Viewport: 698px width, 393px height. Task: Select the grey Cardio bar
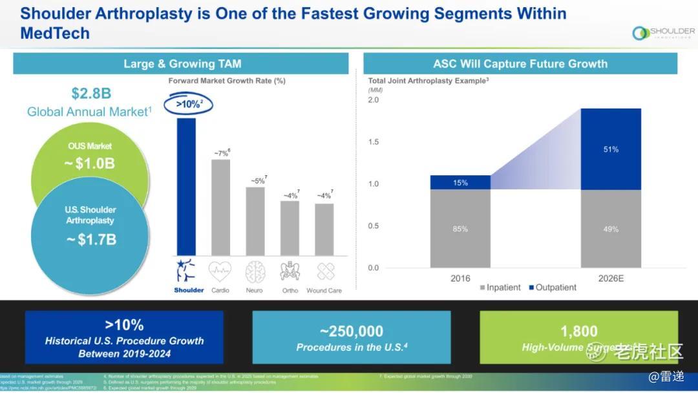[x=221, y=207]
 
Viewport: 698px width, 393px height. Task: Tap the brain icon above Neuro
[x=255, y=271]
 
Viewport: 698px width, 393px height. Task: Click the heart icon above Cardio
[x=220, y=271]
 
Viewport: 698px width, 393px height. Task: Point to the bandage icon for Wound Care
[x=324, y=271]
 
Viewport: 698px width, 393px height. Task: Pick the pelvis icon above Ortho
[x=290, y=271]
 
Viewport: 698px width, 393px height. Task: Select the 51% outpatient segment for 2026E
[x=611, y=149]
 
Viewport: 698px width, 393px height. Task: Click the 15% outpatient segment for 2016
[x=460, y=182]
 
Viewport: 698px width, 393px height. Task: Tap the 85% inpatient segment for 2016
[x=460, y=228]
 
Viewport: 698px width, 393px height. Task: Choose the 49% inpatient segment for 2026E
[x=611, y=228]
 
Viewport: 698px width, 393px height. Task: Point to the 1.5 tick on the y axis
[x=374, y=142]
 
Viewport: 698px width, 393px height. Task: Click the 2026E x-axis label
[x=611, y=279]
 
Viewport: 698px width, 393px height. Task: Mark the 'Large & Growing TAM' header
[x=182, y=63]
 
